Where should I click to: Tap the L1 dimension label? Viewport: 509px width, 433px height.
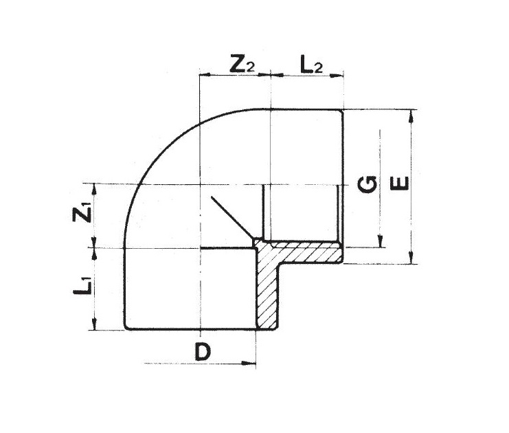(x=82, y=289)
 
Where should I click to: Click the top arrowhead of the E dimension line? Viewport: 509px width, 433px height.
(x=411, y=114)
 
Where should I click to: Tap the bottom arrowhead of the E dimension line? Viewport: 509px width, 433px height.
(x=411, y=259)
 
